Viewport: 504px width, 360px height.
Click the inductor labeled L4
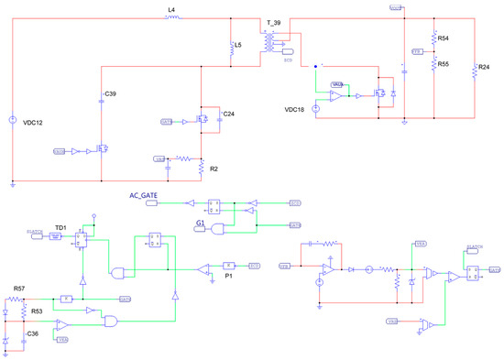171,16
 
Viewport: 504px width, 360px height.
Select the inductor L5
232,49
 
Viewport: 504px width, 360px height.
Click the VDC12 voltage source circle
12,120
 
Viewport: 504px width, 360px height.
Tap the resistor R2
201,168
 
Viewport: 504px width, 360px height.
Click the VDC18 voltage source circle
316,109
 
